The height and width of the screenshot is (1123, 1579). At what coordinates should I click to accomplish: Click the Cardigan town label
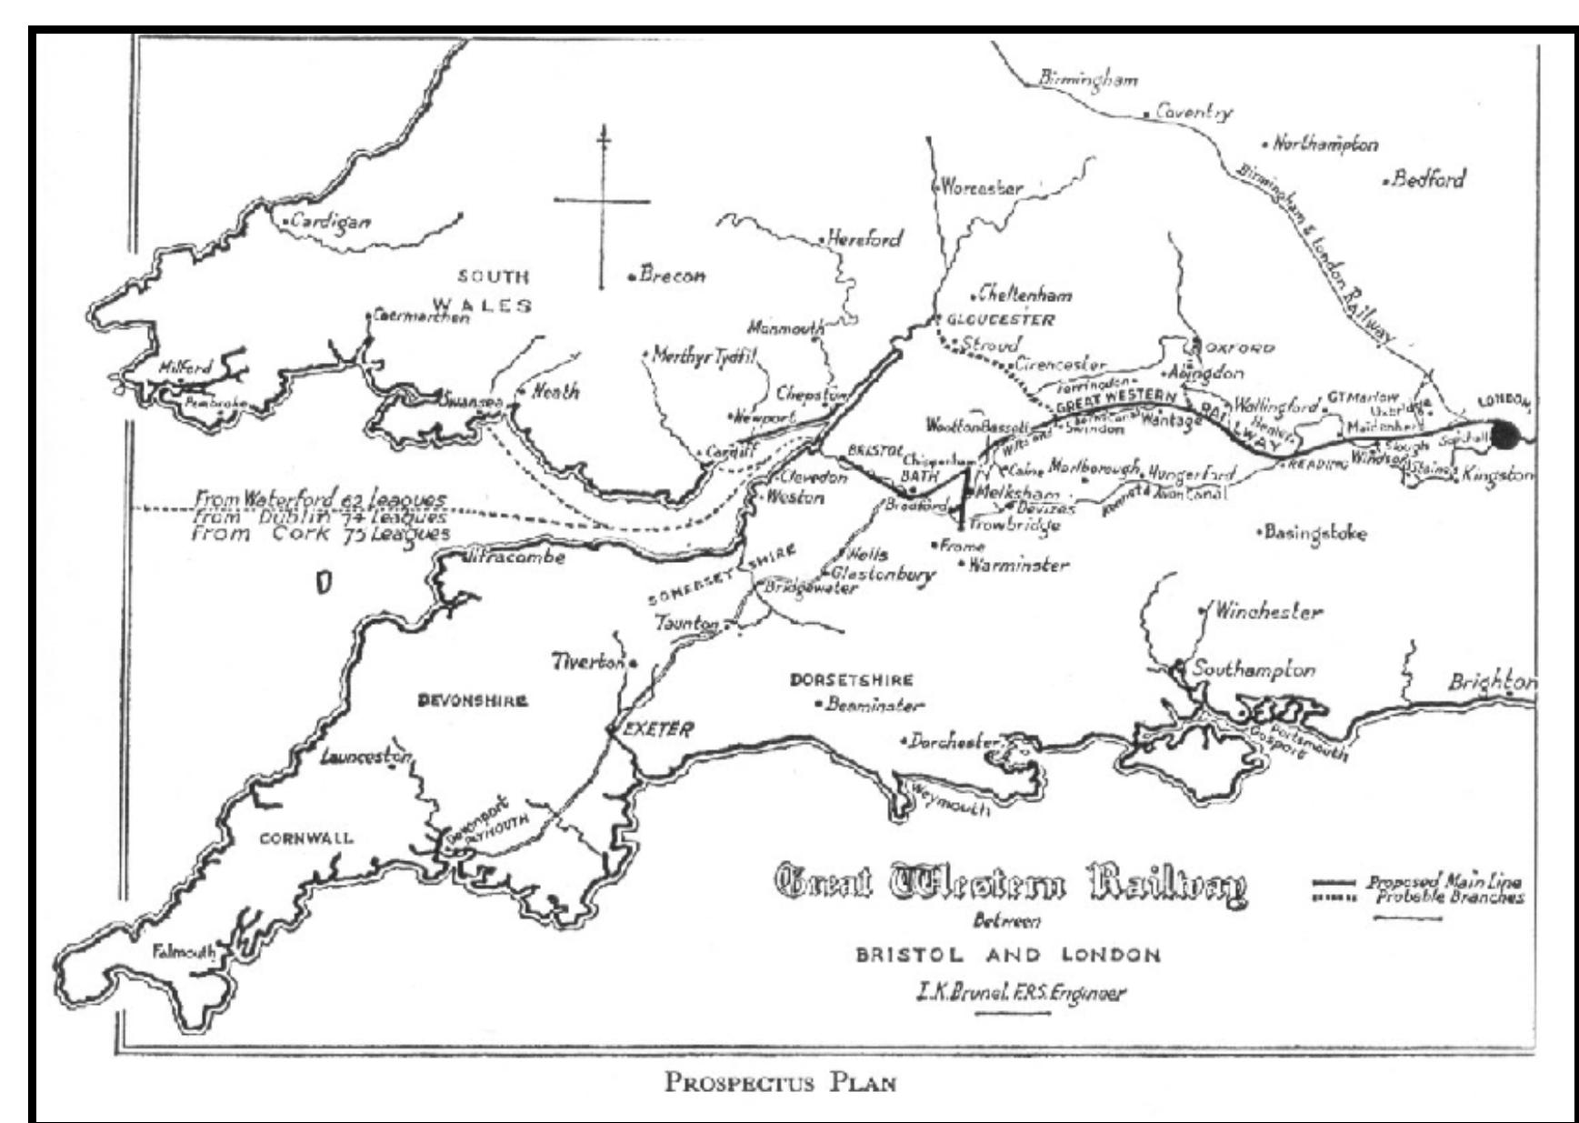coord(330,222)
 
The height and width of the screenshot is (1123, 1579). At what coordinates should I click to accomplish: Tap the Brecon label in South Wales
coord(671,275)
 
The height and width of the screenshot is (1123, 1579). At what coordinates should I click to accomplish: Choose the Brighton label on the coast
coord(1491,682)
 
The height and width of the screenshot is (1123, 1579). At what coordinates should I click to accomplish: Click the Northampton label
coord(1324,144)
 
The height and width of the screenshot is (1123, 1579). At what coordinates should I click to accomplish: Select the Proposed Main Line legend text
coord(1444,881)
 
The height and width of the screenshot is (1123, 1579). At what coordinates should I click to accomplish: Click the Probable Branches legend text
coord(1449,897)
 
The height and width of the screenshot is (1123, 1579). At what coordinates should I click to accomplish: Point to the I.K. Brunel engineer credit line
coord(1019,992)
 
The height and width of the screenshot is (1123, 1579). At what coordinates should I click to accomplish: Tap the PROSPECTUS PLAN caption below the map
coord(780,1083)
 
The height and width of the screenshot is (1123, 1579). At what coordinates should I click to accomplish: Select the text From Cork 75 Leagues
coord(320,535)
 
